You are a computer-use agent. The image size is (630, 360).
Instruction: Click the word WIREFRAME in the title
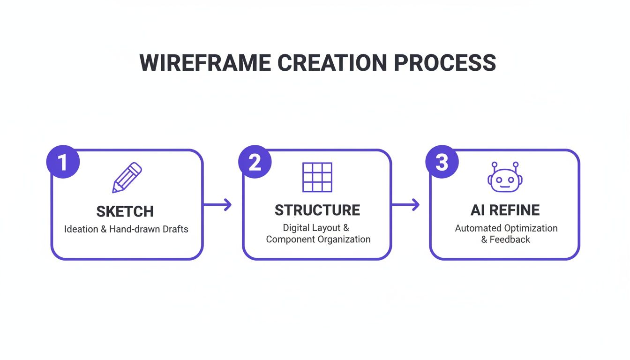tap(205, 63)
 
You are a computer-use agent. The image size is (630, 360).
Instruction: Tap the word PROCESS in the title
tap(444, 63)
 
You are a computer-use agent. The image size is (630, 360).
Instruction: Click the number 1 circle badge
tap(63, 162)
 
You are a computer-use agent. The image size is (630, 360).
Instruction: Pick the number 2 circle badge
tap(255, 162)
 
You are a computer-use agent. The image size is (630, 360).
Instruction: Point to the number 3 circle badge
tap(442, 162)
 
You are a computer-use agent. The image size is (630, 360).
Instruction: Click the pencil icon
tap(127, 178)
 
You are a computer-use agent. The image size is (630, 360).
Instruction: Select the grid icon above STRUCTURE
tap(317, 177)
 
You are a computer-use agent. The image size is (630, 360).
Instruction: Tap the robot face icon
tap(505, 178)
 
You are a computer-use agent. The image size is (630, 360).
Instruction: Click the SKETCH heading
tap(125, 212)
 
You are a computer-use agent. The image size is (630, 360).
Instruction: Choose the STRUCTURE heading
tap(317, 210)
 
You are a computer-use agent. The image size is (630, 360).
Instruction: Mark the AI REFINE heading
tap(505, 210)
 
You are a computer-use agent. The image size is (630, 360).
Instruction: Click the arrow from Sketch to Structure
tap(217, 204)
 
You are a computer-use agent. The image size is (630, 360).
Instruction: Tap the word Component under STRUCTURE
tap(289, 239)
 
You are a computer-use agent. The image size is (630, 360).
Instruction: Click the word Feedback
tap(510, 239)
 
